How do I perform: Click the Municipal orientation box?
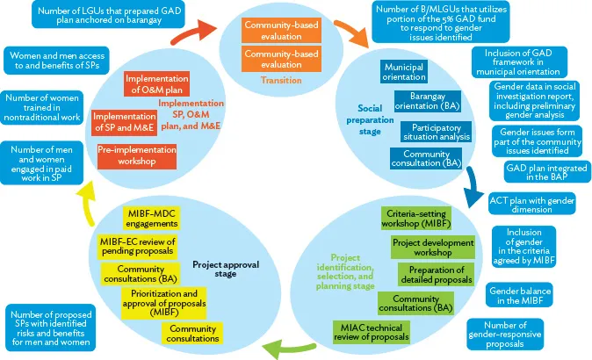(x=410, y=72)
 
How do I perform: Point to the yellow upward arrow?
(x=85, y=192)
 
